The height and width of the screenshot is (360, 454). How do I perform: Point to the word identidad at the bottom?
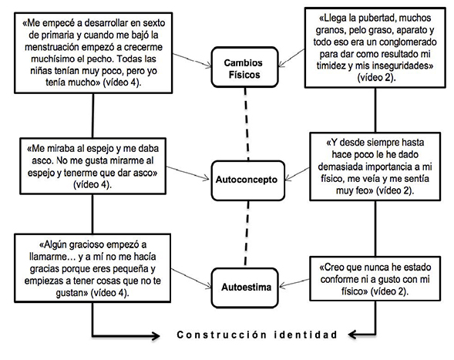tap(308, 335)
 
